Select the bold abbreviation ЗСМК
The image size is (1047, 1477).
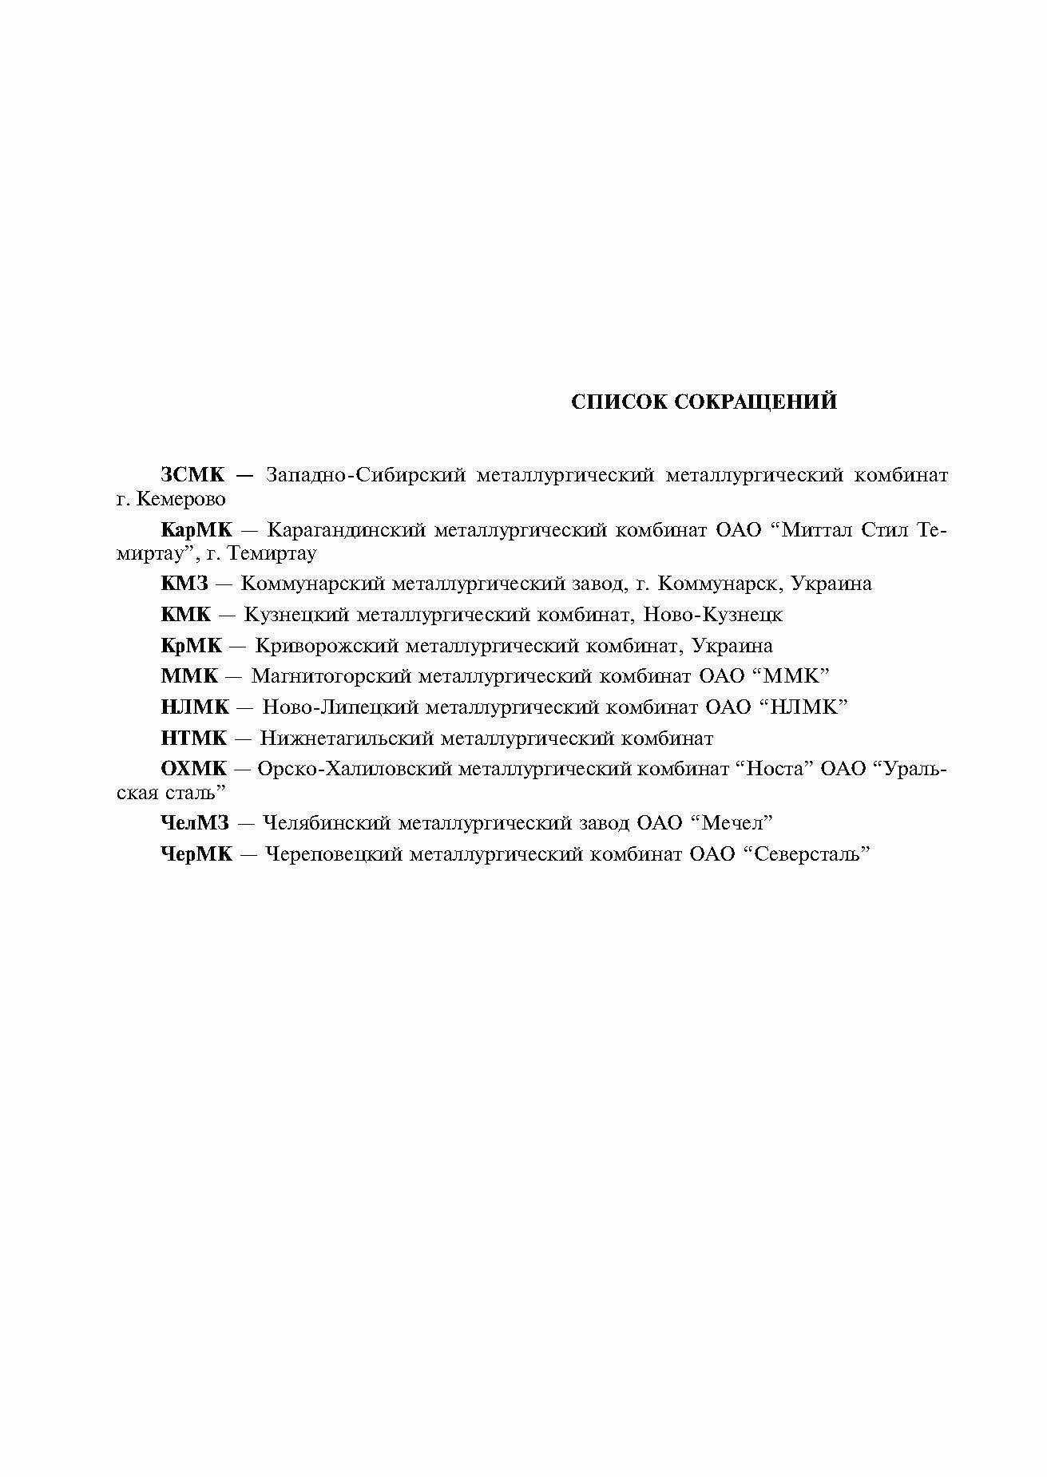(193, 476)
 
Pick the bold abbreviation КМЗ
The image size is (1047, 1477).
(184, 584)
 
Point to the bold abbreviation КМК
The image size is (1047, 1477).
(186, 615)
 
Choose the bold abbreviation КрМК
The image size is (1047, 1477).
(192, 645)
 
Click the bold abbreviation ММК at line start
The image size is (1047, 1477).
(189, 676)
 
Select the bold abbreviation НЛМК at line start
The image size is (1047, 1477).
(195, 707)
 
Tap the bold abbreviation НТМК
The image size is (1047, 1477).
(194, 738)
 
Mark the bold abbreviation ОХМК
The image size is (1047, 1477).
(194, 770)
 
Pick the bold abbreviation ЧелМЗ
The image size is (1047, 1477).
(195, 823)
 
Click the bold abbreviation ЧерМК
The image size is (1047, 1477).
(196, 854)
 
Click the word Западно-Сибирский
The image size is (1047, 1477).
(366, 476)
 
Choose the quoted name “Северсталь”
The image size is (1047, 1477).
(806, 854)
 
